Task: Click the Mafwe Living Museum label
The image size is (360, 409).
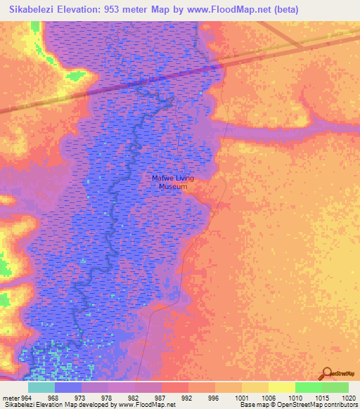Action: (x=173, y=183)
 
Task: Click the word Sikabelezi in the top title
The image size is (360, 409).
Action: (x=34, y=10)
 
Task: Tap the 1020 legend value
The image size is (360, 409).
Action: (x=349, y=397)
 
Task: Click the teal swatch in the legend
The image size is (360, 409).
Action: (x=41, y=387)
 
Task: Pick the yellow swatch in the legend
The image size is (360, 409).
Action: (x=282, y=387)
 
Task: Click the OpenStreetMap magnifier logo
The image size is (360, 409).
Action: (x=326, y=373)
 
